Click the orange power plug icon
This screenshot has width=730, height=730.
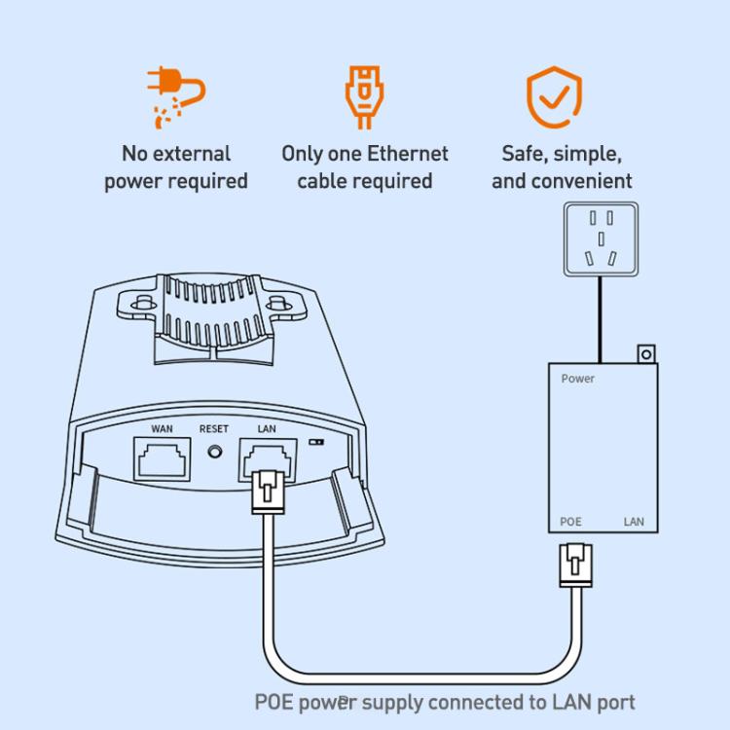pos(176,97)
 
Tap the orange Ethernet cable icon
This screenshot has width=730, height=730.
pos(364,97)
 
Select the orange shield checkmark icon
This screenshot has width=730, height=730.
pos(555,98)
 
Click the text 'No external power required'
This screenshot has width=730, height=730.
pos(176,167)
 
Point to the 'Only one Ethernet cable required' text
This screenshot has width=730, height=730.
pos(365,167)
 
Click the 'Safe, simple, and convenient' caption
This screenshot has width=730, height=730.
pos(562,167)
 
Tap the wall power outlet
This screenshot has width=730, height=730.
pos(601,238)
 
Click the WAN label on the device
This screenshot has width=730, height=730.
pos(162,429)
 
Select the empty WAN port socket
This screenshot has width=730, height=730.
pos(162,458)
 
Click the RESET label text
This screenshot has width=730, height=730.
pos(214,429)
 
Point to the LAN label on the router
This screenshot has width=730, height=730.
pos(267,429)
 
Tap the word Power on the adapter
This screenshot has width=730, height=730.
pos(577,379)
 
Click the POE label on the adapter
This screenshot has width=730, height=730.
pos(571,522)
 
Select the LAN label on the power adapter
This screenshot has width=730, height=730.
pos(634,522)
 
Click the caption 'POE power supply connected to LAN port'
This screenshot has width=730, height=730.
pos(445,702)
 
